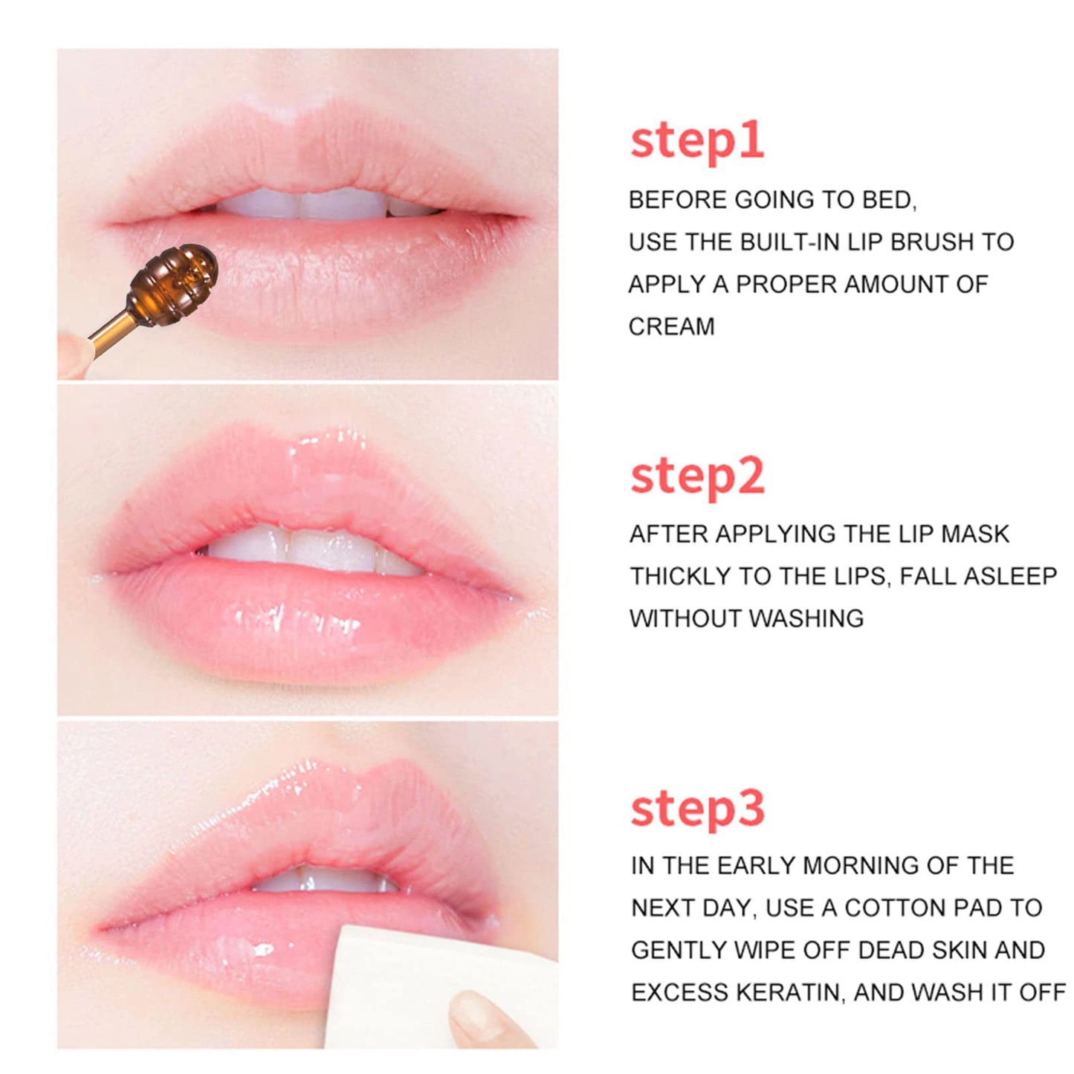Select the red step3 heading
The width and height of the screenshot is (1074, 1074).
point(696,809)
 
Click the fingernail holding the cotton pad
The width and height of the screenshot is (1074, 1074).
point(476,1011)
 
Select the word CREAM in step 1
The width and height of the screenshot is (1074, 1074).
point(671,326)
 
